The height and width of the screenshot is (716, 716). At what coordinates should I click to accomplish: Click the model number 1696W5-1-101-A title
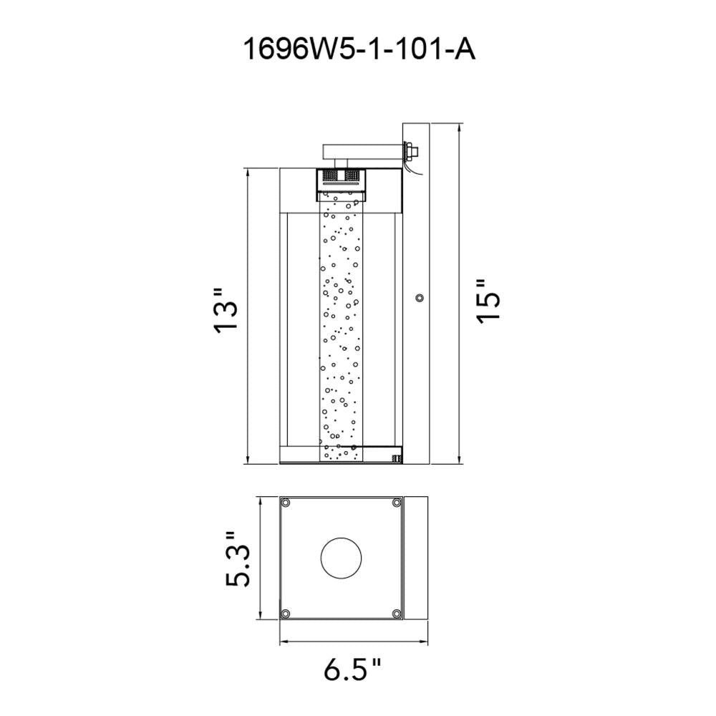358,51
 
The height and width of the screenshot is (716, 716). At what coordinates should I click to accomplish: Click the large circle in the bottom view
341,558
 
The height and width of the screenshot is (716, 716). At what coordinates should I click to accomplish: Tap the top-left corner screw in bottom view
286,503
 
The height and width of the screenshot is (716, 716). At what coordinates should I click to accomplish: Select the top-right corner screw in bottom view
396,503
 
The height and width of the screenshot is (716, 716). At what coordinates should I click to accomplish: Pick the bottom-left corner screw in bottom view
286,614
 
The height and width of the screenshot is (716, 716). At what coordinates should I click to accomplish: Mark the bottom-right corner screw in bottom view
396,614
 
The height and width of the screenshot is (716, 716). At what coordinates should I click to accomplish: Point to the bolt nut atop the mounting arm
412,151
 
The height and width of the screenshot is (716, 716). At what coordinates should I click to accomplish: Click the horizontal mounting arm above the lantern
362,150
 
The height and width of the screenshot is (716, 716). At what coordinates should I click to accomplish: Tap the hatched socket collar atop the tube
341,174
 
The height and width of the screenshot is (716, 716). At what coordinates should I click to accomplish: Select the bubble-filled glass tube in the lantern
341,329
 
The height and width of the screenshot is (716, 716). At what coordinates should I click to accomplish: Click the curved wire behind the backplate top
410,168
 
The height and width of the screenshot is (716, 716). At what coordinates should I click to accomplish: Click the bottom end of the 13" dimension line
247,463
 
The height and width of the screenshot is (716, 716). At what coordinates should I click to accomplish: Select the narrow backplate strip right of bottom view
415,558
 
